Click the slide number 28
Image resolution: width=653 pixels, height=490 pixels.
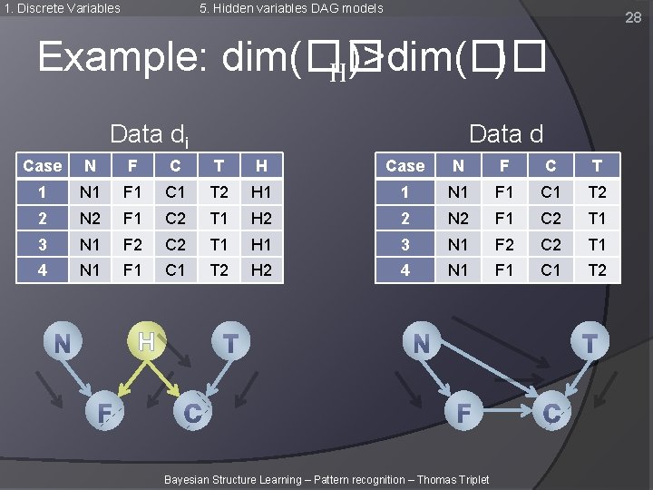tap(633, 17)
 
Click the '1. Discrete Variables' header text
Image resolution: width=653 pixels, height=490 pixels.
tap(62, 8)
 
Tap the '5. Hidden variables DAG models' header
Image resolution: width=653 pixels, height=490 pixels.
tap(291, 8)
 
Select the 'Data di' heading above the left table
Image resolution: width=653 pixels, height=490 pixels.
tap(150, 135)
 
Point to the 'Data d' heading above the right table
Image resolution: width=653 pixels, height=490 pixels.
tap(506, 134)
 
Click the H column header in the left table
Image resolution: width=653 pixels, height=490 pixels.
tap(261, 165)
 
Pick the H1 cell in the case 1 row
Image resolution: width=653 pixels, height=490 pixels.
tap(261, 191)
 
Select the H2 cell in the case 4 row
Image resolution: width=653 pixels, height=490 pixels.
tap(261, 269)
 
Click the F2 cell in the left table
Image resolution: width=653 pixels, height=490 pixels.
tap(132, 244)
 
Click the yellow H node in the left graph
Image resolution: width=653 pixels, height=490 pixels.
tap(146, 342)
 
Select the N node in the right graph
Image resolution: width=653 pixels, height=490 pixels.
tap(421, 344)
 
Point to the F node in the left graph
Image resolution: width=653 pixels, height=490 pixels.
tap(104, 414)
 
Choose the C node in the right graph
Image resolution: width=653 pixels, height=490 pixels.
tap(551, 414)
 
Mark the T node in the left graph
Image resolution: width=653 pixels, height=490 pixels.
tap(231, 343)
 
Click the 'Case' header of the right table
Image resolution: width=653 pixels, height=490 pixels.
tap(404, 165)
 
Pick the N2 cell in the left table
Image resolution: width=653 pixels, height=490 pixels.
tap(90, 218)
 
